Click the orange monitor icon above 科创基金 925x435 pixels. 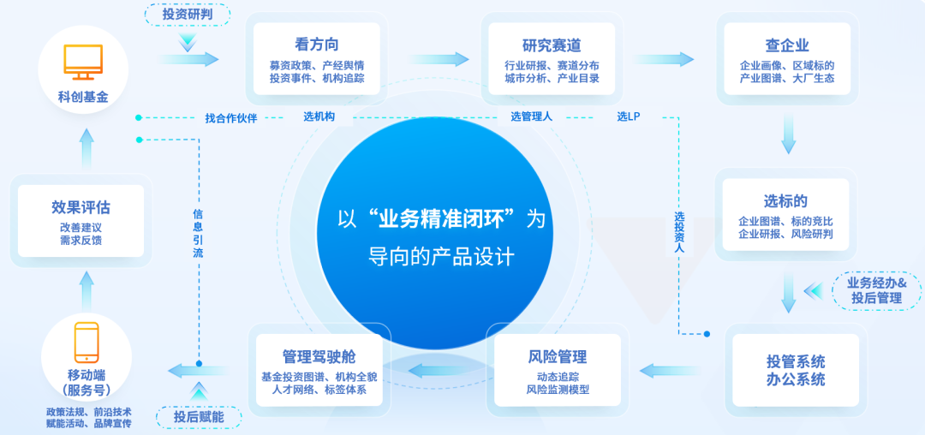coord(83,63)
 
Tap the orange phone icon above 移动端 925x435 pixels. coord(87,343)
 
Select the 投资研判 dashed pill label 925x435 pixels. coord(187,15)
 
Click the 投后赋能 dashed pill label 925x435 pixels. coord(199,417)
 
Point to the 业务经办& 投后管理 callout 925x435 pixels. coord(876,290)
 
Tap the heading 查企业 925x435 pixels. coord(786,45)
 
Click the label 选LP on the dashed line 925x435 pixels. coord(629,116)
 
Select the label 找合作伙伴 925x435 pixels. coord(231,118)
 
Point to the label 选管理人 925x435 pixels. coord(532,116)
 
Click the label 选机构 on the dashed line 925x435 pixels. coord(319,116)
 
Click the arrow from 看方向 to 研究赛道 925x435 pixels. coord(439,59)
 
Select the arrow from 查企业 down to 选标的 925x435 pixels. coord(789,135)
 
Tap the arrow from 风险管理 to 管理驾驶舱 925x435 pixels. coord(438,370)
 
